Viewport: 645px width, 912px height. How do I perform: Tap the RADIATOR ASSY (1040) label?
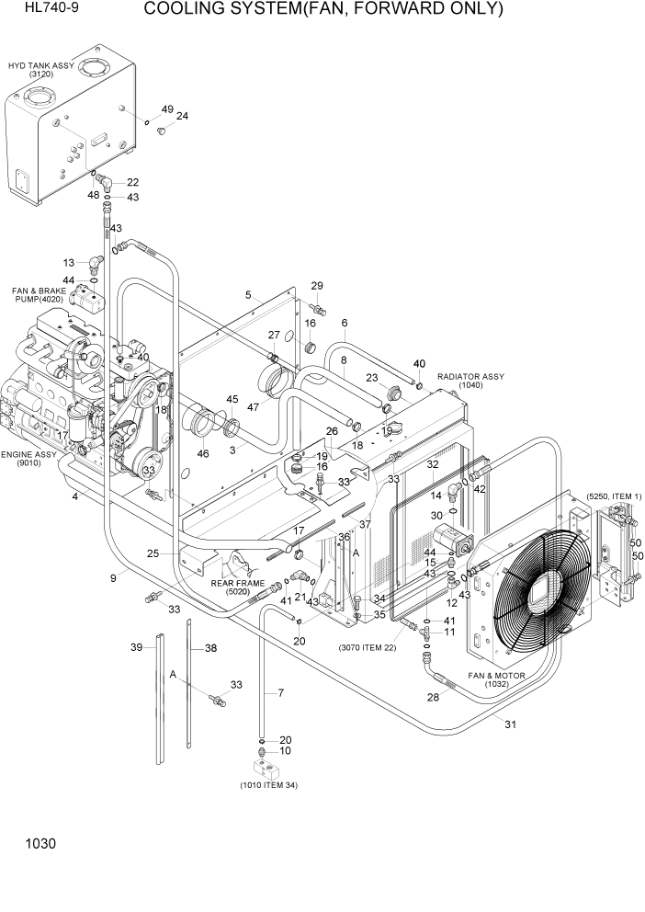(x=470, y=381)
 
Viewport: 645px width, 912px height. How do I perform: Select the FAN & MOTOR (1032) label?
(x=496, y=680)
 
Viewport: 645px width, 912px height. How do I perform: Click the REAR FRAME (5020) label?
(x=237, y=587)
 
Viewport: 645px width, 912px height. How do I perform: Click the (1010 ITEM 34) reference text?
(x=268, y=784)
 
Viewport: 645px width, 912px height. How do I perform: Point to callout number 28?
(x=434, y=698)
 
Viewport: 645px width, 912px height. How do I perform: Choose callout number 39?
(x=137, y=647)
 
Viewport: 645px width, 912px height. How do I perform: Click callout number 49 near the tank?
(x=166, y=109)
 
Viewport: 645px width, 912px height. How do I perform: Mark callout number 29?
(x=317, y=286)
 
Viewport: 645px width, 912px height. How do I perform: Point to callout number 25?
(x=153, y=553)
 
